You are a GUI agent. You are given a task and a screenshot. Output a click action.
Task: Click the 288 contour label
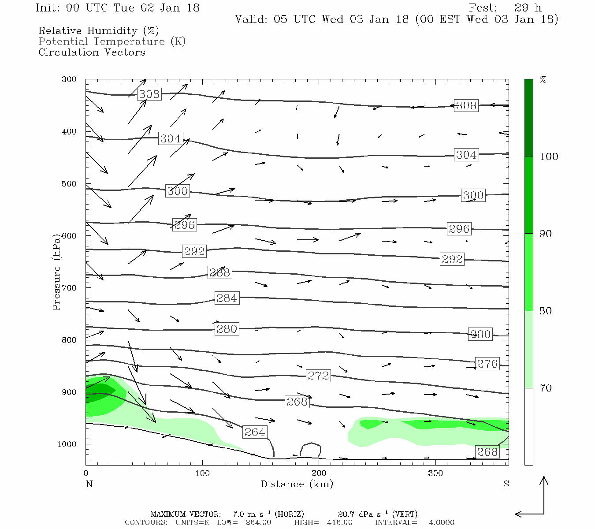click(219, 272)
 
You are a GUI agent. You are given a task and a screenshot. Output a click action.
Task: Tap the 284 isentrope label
click(227, 298)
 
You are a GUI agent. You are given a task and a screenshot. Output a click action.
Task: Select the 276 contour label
click(487, 364)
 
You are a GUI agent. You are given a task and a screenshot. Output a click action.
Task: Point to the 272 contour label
click(318, 376)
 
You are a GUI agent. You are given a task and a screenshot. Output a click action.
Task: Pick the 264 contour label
click(255, 432)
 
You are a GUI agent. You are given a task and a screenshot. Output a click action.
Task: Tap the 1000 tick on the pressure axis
click(67, 444)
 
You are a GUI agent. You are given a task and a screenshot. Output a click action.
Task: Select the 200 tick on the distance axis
click(319, 473)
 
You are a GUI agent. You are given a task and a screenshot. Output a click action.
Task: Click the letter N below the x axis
click(89, 484)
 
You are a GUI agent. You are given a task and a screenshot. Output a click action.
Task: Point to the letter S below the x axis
click(506, 484)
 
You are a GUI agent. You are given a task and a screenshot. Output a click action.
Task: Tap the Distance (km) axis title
click(297, 484)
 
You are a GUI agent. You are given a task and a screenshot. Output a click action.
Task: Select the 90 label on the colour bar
click(546, 234)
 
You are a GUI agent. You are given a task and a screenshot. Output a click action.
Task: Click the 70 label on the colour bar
click(546, 388)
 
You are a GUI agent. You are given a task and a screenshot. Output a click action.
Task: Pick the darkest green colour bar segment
click(528, 118)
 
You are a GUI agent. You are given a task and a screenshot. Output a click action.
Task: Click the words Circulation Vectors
click(92, 52)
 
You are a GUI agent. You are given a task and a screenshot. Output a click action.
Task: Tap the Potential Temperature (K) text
click(112, 41)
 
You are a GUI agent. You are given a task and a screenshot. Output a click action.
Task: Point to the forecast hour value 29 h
click(528, 8)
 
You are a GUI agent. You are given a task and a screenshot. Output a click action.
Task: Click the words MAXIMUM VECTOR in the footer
click(185, 514)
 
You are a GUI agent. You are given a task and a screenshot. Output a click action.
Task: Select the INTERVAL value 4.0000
click(441, 522)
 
